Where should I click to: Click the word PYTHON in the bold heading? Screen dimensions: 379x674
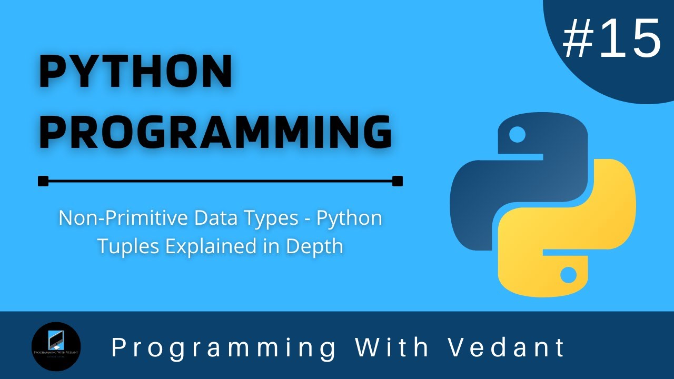[x=136, y=72]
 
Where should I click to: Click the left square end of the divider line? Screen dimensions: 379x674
[x=43, y=181]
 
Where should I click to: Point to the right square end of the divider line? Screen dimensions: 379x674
[x=398, y=181]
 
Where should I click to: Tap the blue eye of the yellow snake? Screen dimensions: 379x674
[x=568, y=274]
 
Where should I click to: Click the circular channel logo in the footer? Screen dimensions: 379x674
[x=56, y=347]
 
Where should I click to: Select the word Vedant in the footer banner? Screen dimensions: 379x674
[x=507, y=347]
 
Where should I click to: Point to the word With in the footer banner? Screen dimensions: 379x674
[x=392, y=347]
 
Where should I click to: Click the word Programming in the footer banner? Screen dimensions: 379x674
[x=223, y=347]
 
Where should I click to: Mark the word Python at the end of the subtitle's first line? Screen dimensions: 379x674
[x=349, y=218]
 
